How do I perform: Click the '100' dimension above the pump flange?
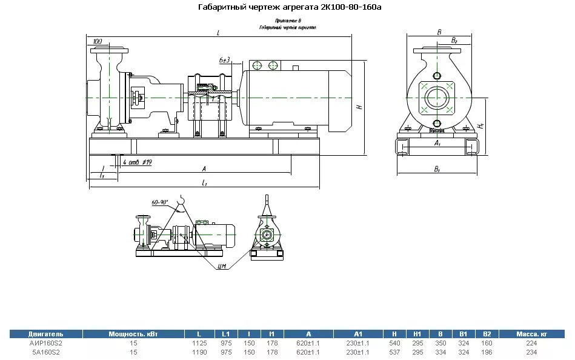pyautogui.click(x=98, y=41)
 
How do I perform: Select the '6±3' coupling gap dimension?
pyautogui.click(x=225, y=60)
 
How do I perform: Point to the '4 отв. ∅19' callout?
pyautogui.click(x=137, y=162)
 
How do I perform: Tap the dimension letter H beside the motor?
pyautogui.click(x=359, y=107)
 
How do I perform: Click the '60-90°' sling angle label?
pyautogui.click(x=159, y=202)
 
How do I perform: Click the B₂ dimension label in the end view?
pyautogui.click(x=454, y=41)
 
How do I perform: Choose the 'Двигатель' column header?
pyautogui.click(x=45, y=334)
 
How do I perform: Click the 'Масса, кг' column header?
pyautogui.click(x=531, y=334)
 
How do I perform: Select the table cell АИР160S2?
pyautogui.click(x=45, y=343)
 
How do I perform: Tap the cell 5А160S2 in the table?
pyautogui.click(x=45, y=352)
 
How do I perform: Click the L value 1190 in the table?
pyautogui.click(x=199, y=352)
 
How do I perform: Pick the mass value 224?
pyautogui.click(x=531, y=343)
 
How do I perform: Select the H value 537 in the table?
pyautogui.click(x=394, y=352)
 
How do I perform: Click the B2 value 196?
pyautogui.click(x=487, y=352)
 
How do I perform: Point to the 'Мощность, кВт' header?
pyautogui.click(x=133, y=334)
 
